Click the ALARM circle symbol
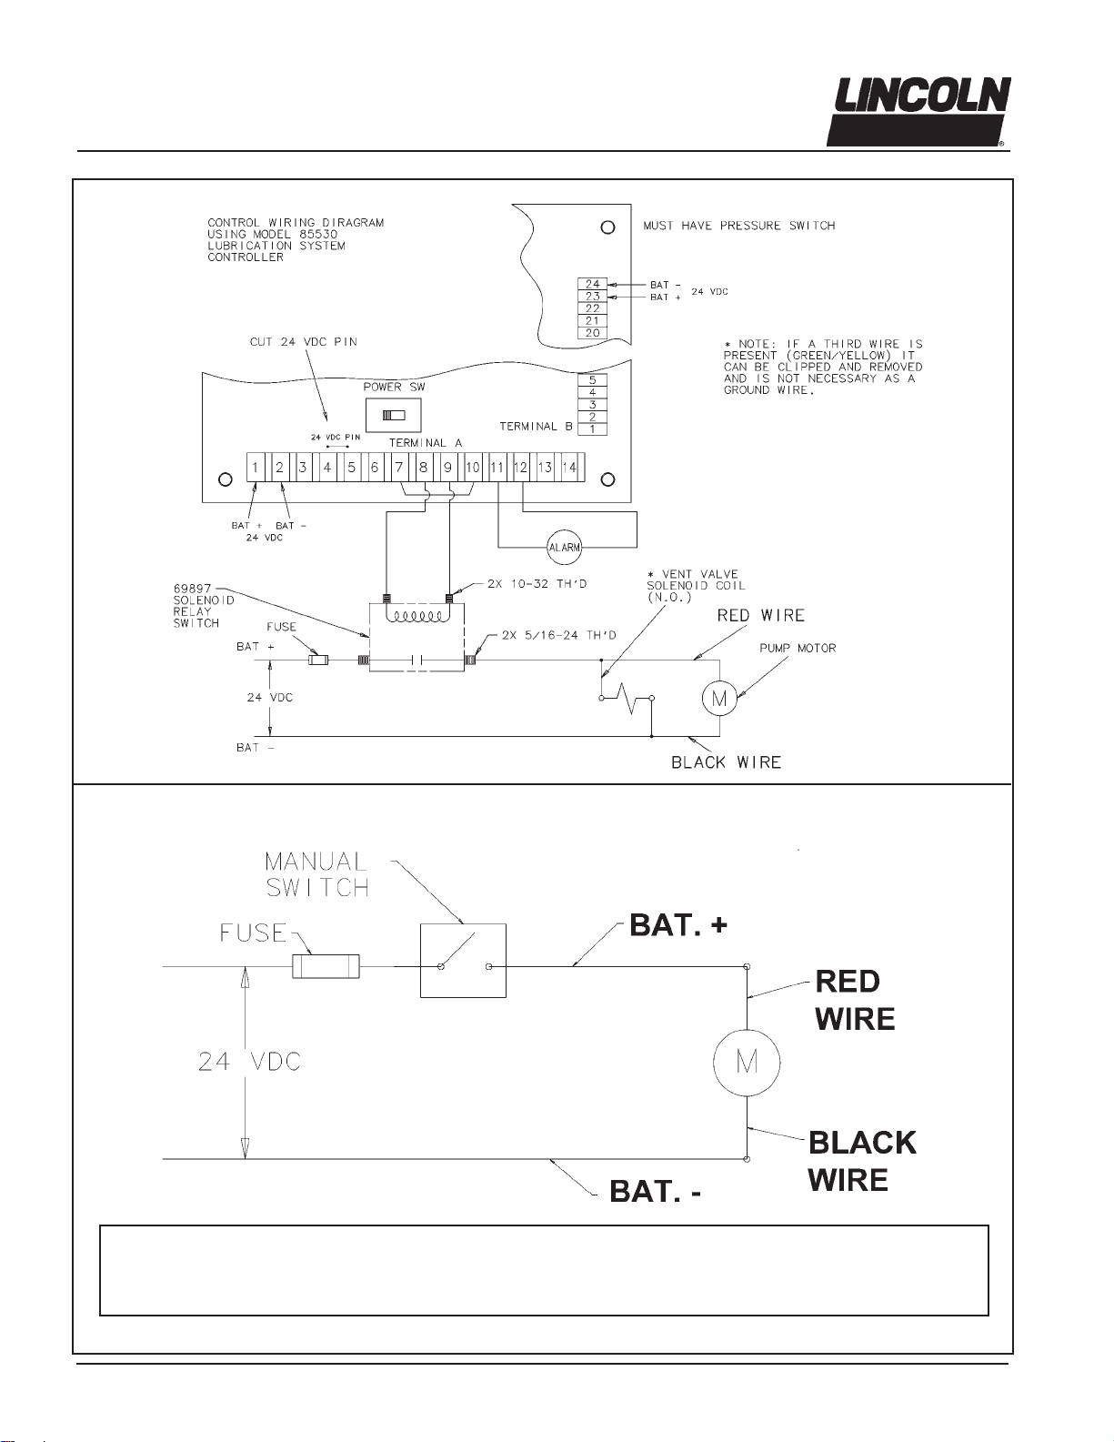[565, 548]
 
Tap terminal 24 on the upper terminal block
[592, 284]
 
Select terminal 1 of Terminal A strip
[256, 468]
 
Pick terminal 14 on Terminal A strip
[569, 468]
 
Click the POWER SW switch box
[393, 416]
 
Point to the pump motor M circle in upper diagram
[719, 698]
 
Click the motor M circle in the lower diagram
[747, 1063]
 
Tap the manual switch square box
[463, 961]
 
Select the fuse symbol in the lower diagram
[326, 966]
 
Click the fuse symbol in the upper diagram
[319, 660]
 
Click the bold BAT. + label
[678, 925]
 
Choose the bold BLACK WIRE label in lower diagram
[862, 1161]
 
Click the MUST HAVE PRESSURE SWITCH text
[738, 226]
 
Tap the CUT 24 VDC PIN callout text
[303, 342]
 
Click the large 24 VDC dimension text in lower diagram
[249, 1062]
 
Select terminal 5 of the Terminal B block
[592, 380]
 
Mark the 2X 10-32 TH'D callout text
[537, 584]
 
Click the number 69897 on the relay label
[192, 588]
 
